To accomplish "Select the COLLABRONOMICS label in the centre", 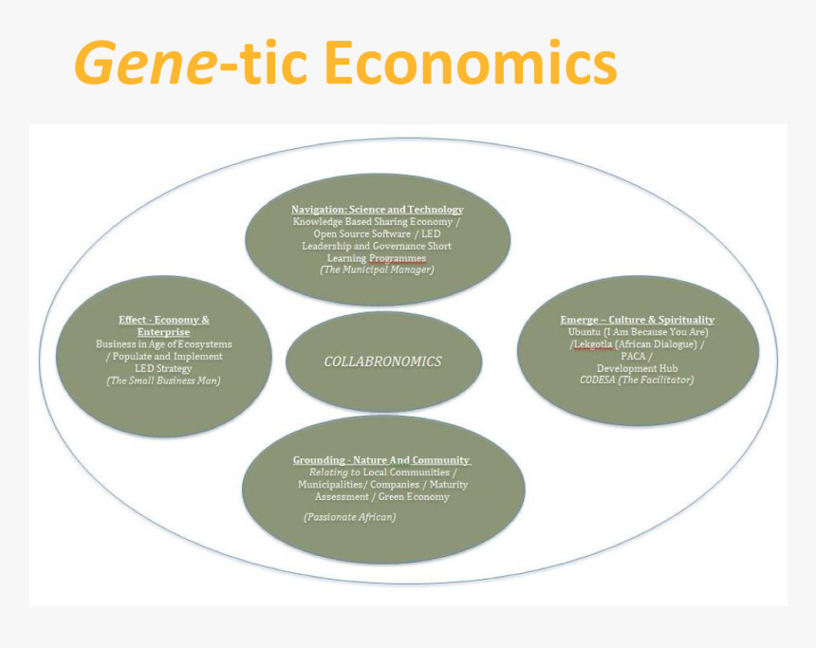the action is (x=383, y=361).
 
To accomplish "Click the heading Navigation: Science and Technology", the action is (x=378, y=210).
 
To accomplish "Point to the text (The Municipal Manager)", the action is (x=377, y=269).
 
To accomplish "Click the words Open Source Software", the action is (x=362, y=233).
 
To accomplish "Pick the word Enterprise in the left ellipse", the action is (x=163, y=332).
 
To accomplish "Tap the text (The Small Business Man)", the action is (x=163, y=380).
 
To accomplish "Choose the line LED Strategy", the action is (x=163, y=368).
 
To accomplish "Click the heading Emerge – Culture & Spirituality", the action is (x=637, y=320).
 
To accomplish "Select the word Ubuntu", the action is (x=584, y=332).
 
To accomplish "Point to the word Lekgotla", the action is (x=593, y=344).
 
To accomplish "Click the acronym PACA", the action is (x=633, y=357).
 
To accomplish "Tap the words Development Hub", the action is (x=637, y=368).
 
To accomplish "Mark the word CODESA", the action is (x=598, y=380).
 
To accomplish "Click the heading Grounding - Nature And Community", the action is (x=381, y=460).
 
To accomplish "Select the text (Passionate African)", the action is (x=350, y=517).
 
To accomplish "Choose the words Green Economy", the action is (x=414, y=496).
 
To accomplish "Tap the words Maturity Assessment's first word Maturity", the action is (x=449, y=485).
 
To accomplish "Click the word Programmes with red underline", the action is (x=398, y=258).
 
